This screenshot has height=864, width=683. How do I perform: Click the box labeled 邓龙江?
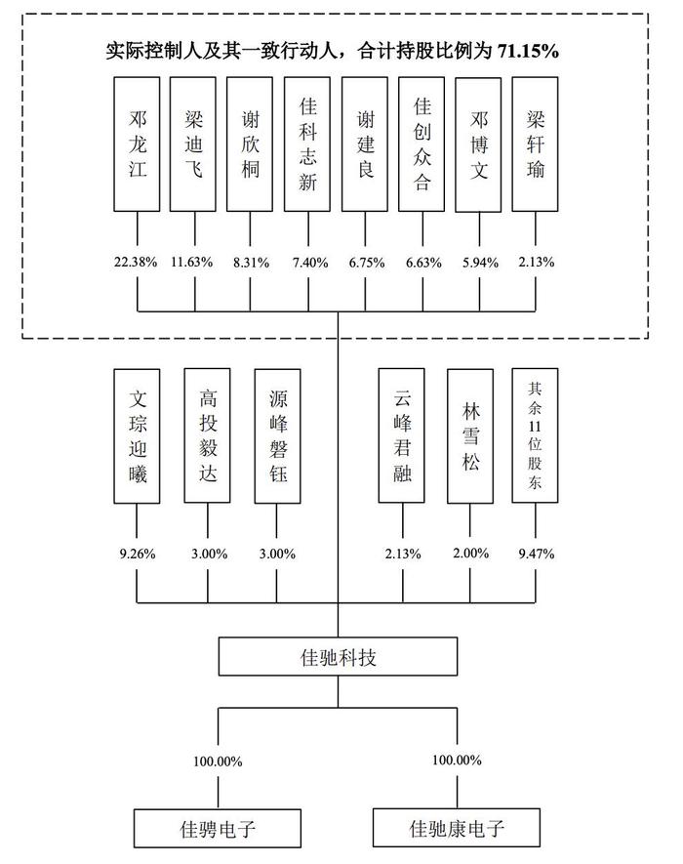[138, 144]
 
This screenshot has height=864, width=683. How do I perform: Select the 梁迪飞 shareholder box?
[194, 144]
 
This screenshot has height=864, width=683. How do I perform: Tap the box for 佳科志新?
[308, 144]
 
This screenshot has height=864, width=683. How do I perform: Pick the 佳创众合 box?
[422, 144]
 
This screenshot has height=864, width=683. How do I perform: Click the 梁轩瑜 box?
[536, 144]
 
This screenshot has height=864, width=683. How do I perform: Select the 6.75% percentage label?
[366, 262]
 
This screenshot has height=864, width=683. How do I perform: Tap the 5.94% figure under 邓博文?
[479, 262]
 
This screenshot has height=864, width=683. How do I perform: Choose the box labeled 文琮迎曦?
[138, 435]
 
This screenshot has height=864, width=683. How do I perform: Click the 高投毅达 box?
[208, 435]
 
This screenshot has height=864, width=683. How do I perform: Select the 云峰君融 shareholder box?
[403, 435]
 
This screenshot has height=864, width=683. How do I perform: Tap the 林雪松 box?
[470, 435]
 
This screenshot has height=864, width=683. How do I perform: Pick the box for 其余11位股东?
[536, 435]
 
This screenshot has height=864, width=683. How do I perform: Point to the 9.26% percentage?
[138, 554]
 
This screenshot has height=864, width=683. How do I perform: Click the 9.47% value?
[536, 554]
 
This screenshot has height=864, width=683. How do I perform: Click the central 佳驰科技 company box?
[339, 657]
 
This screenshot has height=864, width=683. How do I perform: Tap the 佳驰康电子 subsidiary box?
[457, 829]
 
